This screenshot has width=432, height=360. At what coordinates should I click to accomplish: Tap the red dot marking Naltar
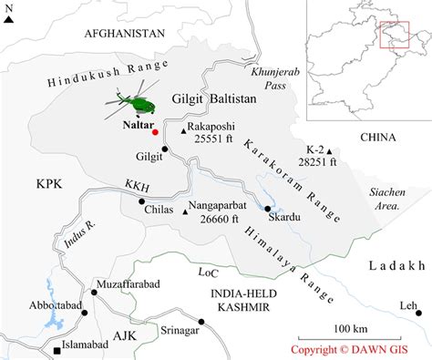point(156,132)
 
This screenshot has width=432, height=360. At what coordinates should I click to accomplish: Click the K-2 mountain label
point(316,149)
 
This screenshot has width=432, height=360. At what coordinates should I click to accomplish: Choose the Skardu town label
point(276,218)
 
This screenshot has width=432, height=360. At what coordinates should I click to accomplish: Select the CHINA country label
point(376,138)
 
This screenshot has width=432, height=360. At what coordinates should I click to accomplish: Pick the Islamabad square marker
point(57,350)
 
